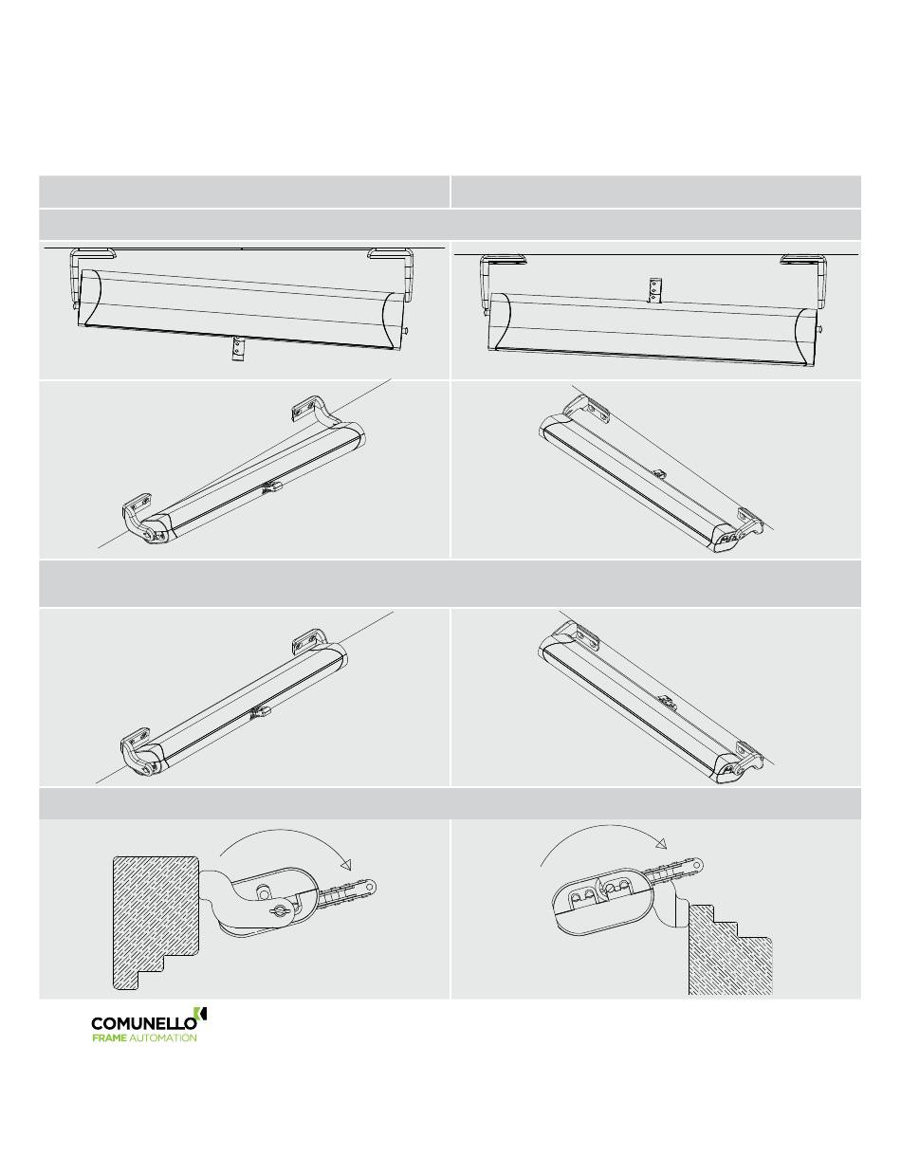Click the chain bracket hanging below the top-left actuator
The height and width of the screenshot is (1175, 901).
(236, 349)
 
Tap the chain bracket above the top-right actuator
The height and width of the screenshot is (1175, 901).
(655, 290)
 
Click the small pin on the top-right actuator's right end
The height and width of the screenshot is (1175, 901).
(820, 329)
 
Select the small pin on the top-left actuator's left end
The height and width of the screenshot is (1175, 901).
(76, 306)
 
